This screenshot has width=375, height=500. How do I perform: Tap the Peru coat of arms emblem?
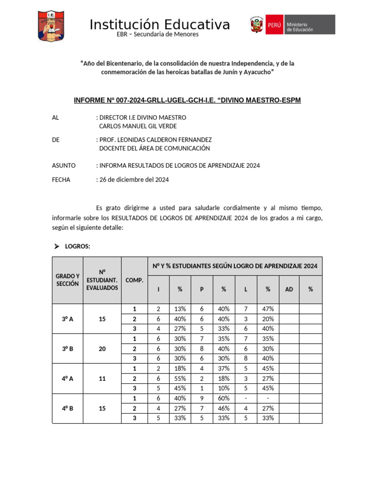pyautogui.click(x=257, y=24)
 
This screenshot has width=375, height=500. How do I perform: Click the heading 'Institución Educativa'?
pyautogui.click(x=160, y=24)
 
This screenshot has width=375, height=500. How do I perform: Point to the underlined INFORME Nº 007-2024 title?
pyautogui.click(x=187, y=100)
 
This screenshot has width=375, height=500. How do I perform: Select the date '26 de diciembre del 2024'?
pyautogui.click(x=134, y=180)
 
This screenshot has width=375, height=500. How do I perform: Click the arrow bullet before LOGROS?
pyautogui.click(x=56, y=247)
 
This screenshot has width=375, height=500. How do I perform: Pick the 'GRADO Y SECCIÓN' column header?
pyautogui.click(x=67, y=280)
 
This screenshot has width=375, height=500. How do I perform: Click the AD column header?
pyautogui.click(x=289, y=290)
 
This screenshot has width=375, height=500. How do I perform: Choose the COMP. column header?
pyautogui.click(x=134, y=280)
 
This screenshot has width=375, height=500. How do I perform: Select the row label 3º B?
pyautogui.click(x=67, y=349)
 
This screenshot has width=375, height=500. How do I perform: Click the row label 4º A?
pyautogui.click(x=67, y=378)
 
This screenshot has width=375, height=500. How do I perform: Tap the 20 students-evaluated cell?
pyautogui.click(x=102, y=349)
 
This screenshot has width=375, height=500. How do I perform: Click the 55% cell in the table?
pyautogui.click(x=180, y=378)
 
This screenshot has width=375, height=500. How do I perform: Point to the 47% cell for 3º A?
pyautogui.click(x=268, y=309)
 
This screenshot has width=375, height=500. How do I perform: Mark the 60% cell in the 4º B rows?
pyautogui.click(x=223, y=398)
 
